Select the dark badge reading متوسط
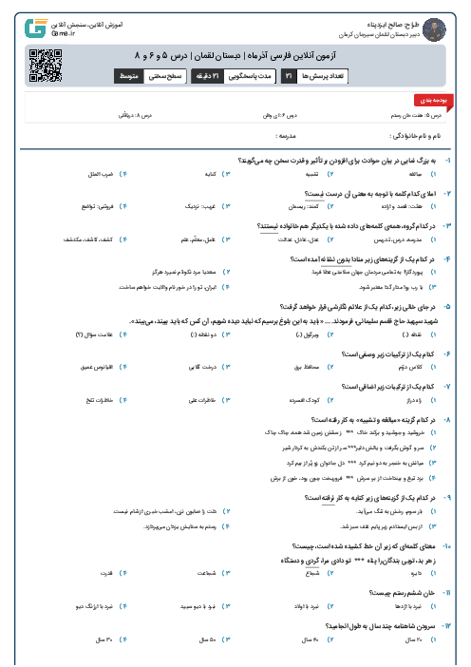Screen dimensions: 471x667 (130, 75)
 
